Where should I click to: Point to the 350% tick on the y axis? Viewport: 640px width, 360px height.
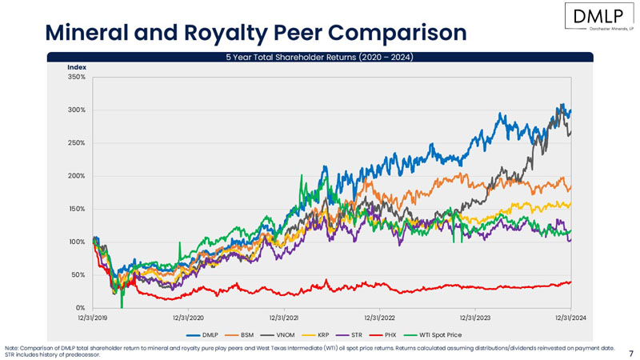[76, 77]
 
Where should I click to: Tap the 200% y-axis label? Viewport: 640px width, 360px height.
[76, 176]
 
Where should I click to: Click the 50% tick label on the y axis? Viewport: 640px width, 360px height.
[78, 275]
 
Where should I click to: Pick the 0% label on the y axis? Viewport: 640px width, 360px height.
[80, 308]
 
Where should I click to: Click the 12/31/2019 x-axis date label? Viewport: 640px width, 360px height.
[93, 318]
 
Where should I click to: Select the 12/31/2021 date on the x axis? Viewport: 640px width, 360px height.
[284, 318]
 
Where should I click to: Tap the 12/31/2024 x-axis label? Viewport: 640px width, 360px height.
[570, 318]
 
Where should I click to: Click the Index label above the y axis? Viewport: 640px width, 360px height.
[76, 67]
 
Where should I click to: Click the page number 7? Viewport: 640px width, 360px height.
[631, 352]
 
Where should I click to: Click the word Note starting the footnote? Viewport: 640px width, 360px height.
[12, 349]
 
